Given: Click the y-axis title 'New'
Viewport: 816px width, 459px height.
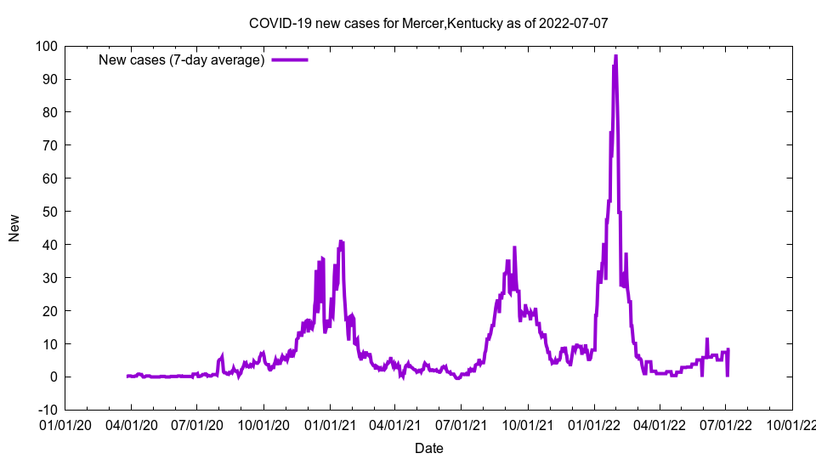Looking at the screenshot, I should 14,228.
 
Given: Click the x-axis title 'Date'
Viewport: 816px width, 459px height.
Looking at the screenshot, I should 428,448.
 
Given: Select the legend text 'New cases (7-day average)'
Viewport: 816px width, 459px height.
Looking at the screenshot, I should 182,59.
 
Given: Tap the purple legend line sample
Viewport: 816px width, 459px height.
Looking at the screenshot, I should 289,59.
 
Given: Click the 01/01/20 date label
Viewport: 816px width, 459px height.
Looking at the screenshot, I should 65,422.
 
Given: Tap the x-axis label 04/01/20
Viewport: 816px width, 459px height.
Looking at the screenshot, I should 131,422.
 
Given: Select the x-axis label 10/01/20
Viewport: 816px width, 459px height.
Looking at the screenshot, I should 263,422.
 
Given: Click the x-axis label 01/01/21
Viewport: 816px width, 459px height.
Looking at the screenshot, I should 329,422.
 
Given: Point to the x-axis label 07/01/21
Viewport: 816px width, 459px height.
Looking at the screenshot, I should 461,422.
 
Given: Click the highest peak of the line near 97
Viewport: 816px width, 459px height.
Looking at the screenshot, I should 615,56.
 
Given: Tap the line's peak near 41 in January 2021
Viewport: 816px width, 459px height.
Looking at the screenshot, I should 341,241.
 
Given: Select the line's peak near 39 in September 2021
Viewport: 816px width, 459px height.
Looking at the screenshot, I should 514,248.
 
